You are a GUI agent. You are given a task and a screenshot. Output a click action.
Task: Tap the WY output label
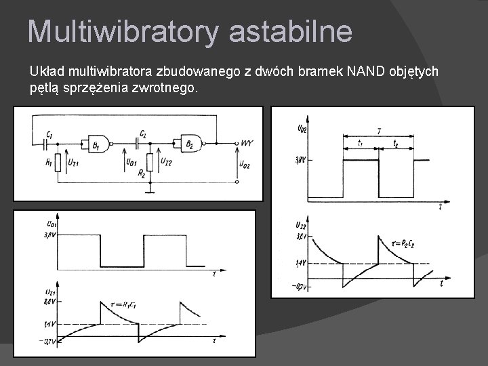point(247,143)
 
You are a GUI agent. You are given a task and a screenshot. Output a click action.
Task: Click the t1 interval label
point(360,144)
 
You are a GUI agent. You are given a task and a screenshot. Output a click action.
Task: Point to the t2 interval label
point(396,144)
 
